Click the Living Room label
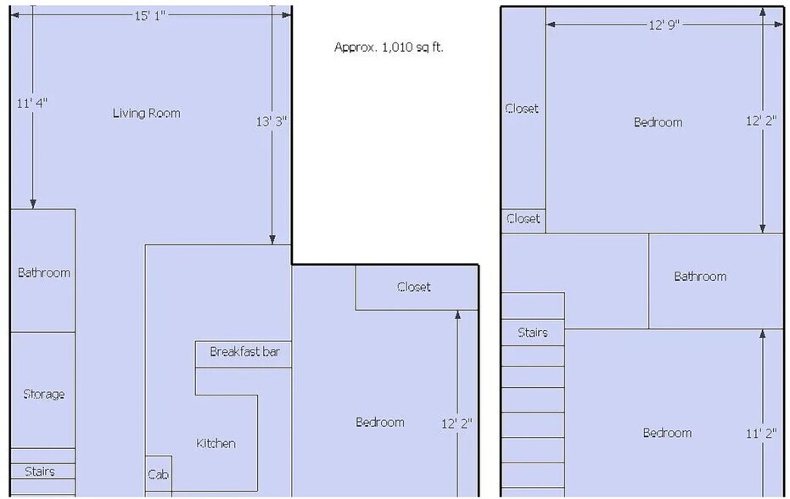[146, 113]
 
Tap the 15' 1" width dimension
[149, 15]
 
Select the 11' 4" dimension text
[31, 103]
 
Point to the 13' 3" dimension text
[271, 121]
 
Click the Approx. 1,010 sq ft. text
[389, 48]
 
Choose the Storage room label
[44, 394]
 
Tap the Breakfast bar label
[244, 351]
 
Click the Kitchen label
[216, 443]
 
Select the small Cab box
[158, 474]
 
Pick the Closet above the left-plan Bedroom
[413, 287]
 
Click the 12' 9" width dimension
[664, 25]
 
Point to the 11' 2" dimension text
[761, 433]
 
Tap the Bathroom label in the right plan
[700, 276]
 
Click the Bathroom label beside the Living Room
[44, 272]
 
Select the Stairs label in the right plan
[533, 332]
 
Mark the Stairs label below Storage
[40, 471]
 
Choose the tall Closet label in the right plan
[522, 109]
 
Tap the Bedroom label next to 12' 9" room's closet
[658, 122]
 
